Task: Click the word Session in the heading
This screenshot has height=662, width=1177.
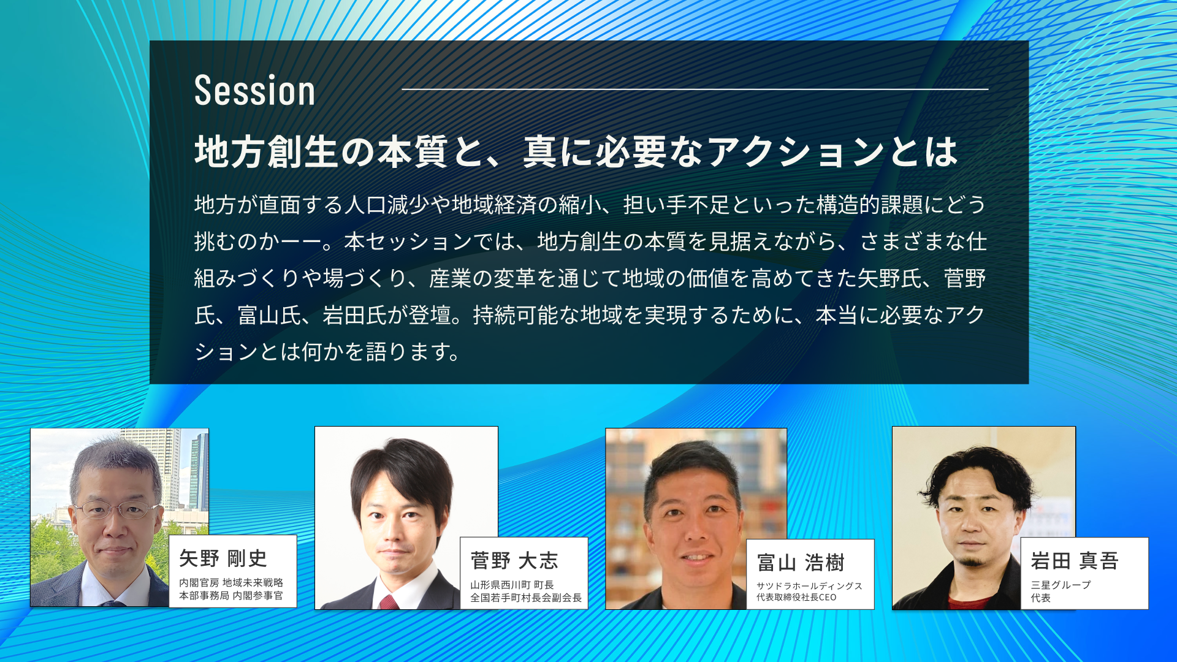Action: click(x=254, y=91)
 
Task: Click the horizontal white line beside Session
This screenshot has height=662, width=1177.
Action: click(x=695, y=89)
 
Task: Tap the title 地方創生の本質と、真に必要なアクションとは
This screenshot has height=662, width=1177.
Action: click(x=576, y=151)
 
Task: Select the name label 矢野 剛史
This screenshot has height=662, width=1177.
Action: click(x=223, y=558)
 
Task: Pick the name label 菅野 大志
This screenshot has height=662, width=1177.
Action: click(x=514, y=560)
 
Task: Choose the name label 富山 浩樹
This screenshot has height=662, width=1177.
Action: click(x=801, y=562)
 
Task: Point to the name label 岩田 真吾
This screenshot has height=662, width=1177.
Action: click(x=1075, y=560)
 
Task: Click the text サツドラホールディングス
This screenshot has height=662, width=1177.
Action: click(x=809, y=586)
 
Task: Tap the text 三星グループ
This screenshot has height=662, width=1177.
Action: click(x=1061, y=585)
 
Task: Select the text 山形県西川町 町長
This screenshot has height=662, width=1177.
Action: click(x=512, y=585)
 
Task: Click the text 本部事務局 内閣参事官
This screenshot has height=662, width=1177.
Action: click(x=231, y=595)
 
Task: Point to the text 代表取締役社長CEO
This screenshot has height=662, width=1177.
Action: click(x=796, y=597)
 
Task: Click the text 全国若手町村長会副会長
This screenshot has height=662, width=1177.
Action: click(x=526, y=598)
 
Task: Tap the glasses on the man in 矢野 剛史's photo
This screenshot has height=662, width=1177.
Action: click(x=116, y=509)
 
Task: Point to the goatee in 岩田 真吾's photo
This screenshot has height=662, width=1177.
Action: click(x=971, y=560)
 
